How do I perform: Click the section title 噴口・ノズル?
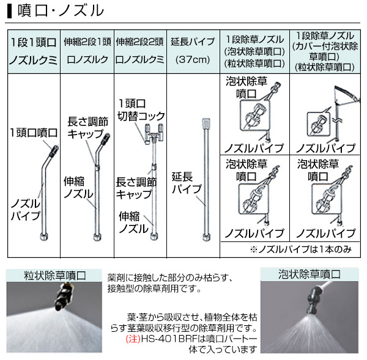61,11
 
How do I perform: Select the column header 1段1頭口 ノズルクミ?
34,51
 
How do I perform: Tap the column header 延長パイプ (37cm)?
193,51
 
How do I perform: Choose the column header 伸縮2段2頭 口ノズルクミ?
139,51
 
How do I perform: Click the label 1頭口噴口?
34,133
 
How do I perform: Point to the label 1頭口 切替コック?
141,110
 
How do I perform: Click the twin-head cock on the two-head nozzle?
154,134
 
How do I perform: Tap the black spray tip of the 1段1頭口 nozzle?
54,151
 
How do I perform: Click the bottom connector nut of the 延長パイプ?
207,237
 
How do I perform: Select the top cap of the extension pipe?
206,123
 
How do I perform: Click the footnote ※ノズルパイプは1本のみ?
301,249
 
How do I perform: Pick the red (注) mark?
133,339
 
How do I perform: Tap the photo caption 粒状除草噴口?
55,275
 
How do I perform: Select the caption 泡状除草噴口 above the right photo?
310,274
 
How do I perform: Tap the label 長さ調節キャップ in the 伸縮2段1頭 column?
88,128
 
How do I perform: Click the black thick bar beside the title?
9,11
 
